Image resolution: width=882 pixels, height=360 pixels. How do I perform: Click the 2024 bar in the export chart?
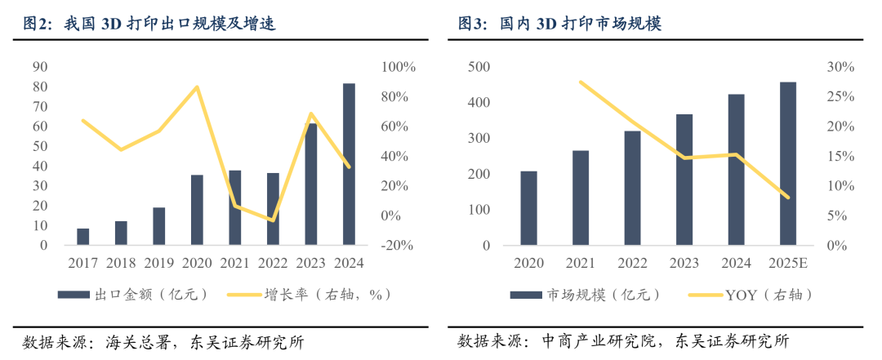tap(349, 164)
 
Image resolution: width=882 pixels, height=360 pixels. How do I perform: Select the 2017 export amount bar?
tap(83, 237)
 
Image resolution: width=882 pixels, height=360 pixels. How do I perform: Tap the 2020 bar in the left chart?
tap(197, 210)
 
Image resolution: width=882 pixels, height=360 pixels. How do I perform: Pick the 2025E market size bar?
tap(788, 163)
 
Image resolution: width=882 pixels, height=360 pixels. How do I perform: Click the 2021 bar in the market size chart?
tap(581, 198)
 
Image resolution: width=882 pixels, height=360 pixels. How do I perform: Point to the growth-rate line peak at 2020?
tap(197, 87)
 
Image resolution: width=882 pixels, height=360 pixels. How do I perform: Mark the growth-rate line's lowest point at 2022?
tap(273, 220)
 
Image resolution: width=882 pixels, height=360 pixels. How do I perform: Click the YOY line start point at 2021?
tap(581, 82)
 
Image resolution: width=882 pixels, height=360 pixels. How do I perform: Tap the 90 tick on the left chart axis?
tap(40, 67)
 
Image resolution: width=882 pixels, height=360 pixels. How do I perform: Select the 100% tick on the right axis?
tap(399, 67)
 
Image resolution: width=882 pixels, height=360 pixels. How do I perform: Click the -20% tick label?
tap(399, 245)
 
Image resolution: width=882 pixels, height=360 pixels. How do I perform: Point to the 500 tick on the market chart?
tap(479, 67)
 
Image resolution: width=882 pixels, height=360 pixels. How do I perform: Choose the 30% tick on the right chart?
tap(840, 67)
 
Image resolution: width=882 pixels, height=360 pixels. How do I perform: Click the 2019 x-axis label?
tap(159, 263)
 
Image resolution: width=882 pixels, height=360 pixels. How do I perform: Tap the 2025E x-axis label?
tap(788, 263)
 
